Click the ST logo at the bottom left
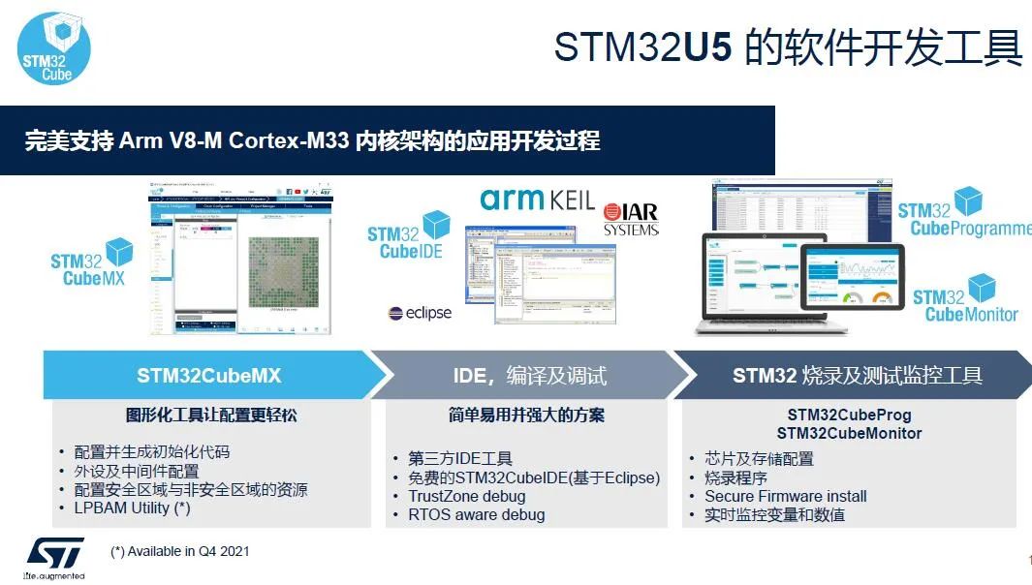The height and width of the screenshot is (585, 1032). (54, 554)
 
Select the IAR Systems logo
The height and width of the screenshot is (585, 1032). (631, 220)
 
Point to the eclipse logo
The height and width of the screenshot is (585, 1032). (420, 313)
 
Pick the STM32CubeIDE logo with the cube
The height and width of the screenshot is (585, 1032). (408, 236)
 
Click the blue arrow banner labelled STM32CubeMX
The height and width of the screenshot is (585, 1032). (208, 375)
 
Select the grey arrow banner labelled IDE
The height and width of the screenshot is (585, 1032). (529, 375)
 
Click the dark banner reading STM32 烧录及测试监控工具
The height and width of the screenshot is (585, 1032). (857, 375)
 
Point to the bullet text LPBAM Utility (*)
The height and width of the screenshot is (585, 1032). (132, 508)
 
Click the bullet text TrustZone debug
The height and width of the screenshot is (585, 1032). (466, 496)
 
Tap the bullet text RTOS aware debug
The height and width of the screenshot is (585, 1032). (476, 514)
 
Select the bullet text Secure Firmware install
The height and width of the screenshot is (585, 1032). (785, 496)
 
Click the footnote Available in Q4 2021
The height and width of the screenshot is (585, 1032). (180, 551)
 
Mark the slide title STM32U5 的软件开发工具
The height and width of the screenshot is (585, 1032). (787, 47)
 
